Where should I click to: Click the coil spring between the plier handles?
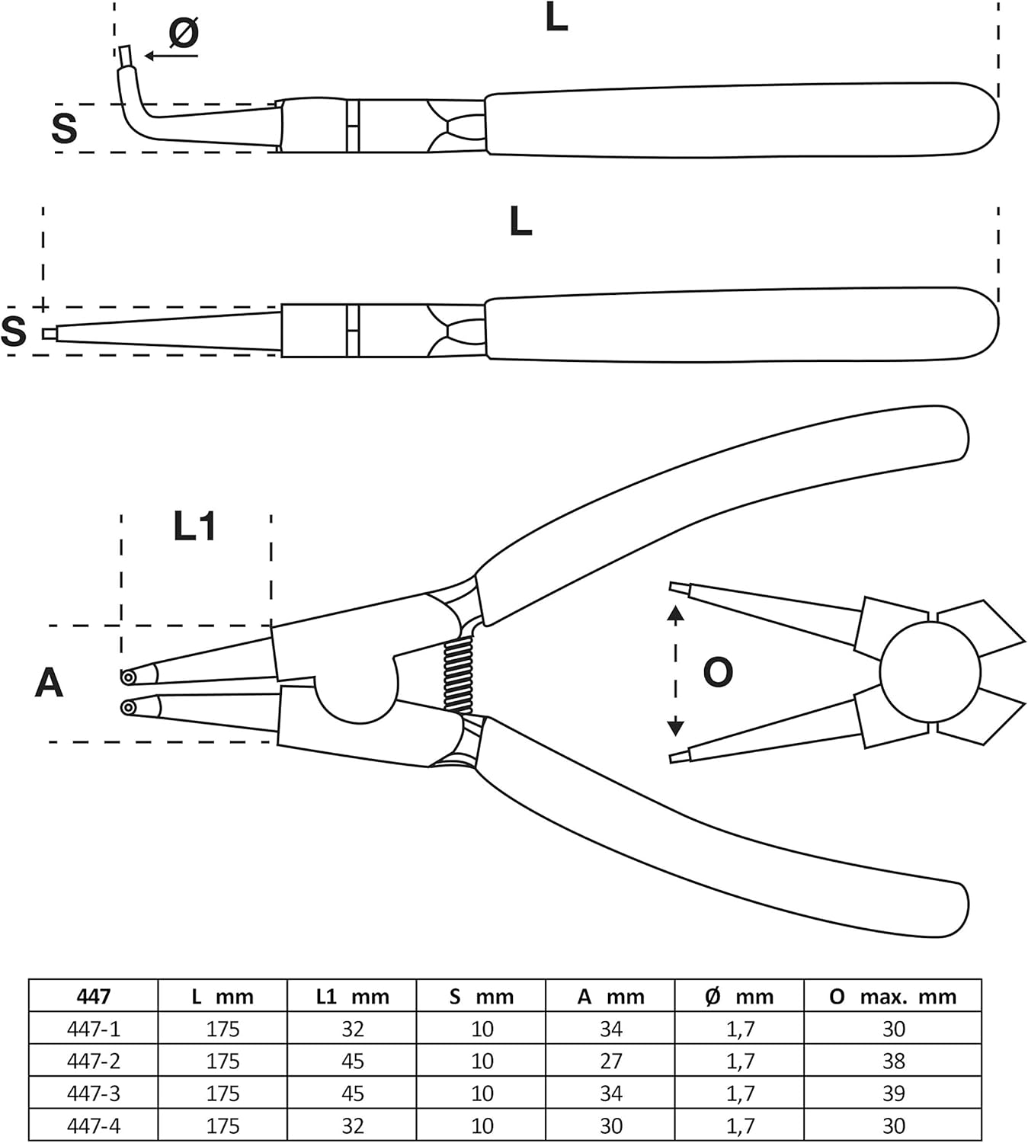coord(459,674)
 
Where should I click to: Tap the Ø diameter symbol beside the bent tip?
coord(184,33)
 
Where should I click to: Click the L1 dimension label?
coord(195,527)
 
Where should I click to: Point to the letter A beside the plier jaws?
coord(49,683)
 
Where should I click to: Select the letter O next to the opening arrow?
coord(718,672)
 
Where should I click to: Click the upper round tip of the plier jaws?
coord(128,677)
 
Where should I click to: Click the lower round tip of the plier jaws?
coord(128,708)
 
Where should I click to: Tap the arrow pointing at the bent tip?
coord(171,56)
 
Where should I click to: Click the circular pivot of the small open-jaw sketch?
coord(930,673)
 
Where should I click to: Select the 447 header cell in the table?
coord(94,997)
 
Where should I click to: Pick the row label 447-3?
coord(94,1093)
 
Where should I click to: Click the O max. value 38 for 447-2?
coord(894,1061)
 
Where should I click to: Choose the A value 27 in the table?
coord(611,1061)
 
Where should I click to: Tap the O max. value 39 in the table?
coord(894,1093)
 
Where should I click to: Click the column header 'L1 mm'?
coord(353,997)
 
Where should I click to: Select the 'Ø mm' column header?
coord(740,997)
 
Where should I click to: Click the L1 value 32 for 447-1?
coord(353,1029)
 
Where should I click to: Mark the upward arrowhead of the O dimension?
coord(676,613)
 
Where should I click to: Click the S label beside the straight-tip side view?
coord(14,331)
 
